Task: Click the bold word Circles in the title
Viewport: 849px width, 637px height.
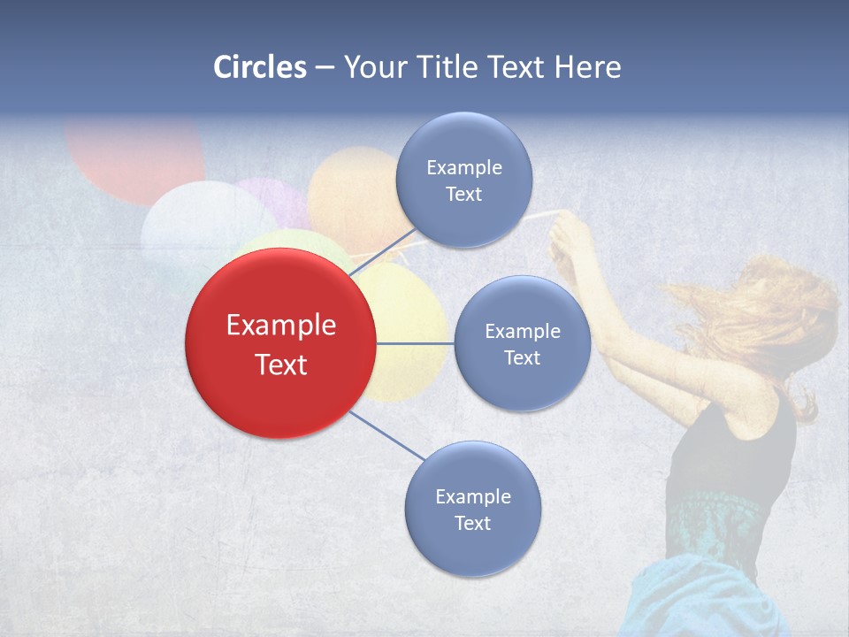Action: (260, 67)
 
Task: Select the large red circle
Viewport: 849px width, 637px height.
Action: (280, 343)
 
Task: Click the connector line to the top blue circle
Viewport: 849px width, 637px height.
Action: (381, 253)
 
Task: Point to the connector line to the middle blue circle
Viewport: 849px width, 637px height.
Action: (415, 343)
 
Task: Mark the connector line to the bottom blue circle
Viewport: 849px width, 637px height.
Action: (387, 436)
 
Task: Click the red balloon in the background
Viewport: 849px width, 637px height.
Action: (133, 159)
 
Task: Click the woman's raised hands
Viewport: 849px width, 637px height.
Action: (570, 239)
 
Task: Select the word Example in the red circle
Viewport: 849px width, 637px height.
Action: (280, 326)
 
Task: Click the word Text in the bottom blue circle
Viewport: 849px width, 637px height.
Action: (472, 523)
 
